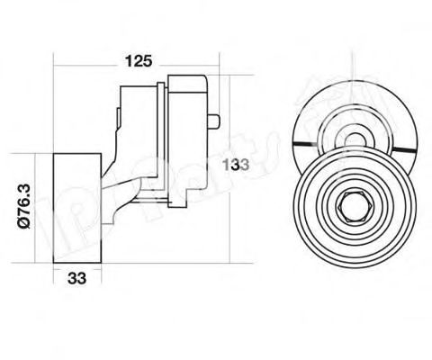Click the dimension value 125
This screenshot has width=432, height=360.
(x=137, y=61)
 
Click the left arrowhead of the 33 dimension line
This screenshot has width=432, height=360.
(x=57, y=266)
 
